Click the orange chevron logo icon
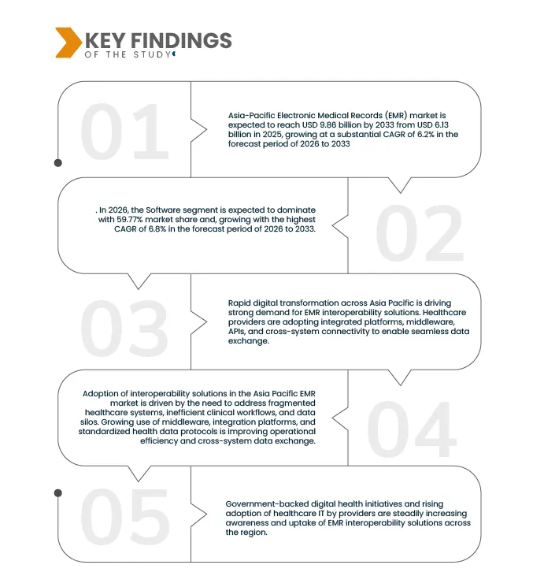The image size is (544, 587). click(x=67, y=43)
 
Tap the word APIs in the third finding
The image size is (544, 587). click(x=239, y=333)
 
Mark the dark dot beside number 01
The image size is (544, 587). click(x=57, y=163)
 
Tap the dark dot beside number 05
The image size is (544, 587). click(x=57, y=492)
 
